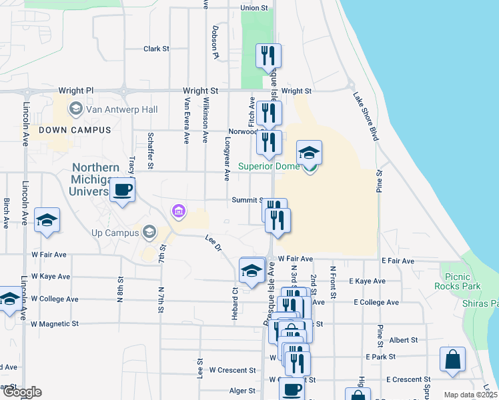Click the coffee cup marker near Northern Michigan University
click(x=122, y=190)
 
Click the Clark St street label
click(x=157, y=49)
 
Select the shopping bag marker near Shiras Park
click(x=453, y=360)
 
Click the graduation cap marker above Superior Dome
click(x=309, y=153)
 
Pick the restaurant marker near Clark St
click(x=269, y=57)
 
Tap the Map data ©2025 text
click(x=470, y=395)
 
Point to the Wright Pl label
click(x=76, y=91)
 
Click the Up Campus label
click(x=115, y=233)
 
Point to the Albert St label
click(x=403, y=340)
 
